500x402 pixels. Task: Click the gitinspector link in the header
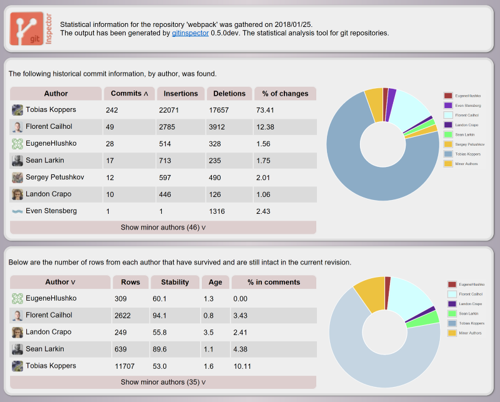coord(190,33)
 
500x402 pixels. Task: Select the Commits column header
coord(129,94)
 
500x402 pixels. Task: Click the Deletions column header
coord(229,94)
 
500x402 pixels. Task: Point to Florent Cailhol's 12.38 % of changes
coord(266,127)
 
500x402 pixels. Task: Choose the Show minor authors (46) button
coord(163,228)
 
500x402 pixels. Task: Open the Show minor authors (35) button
coord(163,382)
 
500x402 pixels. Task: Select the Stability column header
coord(175,282)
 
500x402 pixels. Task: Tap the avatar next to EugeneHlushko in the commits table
coord(17,144)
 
